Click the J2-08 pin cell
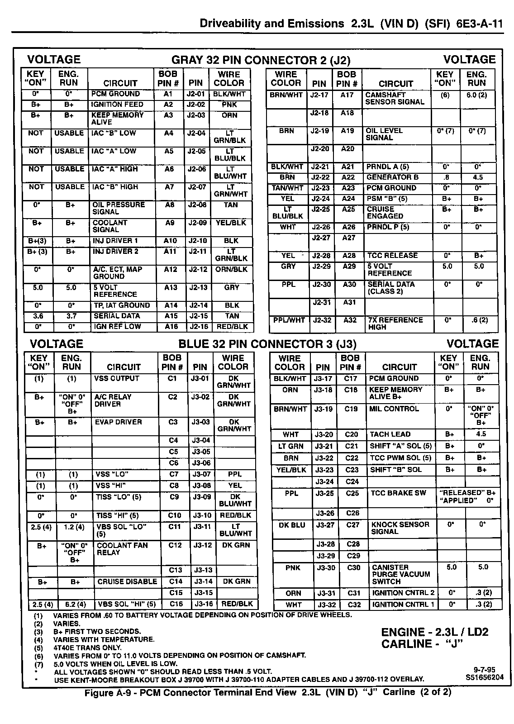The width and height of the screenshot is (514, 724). point(196,205)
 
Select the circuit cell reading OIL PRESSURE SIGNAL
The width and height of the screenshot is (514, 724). point(119,208)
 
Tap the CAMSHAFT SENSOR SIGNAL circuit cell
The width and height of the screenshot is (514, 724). point(395,98)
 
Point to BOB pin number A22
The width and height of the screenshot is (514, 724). point(347,177)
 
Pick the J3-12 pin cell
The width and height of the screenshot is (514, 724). point(202,545)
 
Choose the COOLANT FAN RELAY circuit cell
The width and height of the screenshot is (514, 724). point(122,549)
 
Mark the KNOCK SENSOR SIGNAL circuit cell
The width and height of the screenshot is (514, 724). point(400,528)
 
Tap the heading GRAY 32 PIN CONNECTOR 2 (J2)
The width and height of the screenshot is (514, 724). point(261,60)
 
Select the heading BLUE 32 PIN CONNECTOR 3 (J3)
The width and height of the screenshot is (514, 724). point(267,344)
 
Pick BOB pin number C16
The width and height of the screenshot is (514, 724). point(175,604)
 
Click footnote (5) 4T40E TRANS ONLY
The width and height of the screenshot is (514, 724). point(87,648)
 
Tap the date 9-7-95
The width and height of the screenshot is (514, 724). point(484,670)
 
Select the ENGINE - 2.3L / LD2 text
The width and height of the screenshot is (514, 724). point(434,632)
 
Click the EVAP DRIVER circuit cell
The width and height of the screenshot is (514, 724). point(118,422)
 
